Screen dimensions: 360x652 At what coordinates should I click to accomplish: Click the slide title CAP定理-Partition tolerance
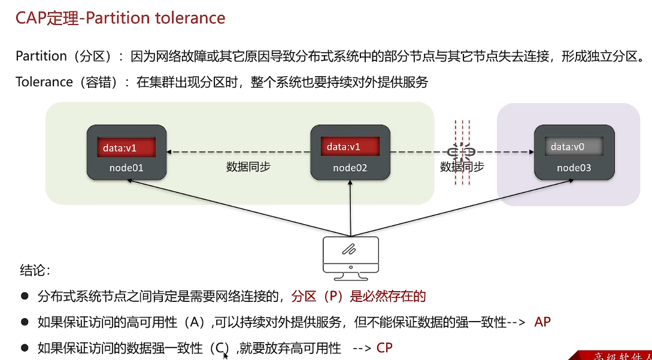[120, 18]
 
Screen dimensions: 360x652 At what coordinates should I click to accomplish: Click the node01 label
[126, 168]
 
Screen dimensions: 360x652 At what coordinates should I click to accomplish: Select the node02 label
[350, 168]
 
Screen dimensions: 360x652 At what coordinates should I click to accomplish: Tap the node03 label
[574, 168]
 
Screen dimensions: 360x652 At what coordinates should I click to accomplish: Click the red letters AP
[542, 322]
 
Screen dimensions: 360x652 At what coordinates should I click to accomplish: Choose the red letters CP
[384, 348]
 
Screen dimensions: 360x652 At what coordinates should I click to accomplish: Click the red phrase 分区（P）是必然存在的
[358, 296]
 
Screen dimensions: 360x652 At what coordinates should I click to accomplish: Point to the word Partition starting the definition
[41, 56]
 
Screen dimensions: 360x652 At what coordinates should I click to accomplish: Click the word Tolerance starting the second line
[44, 82]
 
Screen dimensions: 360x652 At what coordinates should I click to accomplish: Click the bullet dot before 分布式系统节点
[25, 296]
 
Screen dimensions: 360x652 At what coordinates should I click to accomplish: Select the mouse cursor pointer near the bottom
[226, 355]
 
